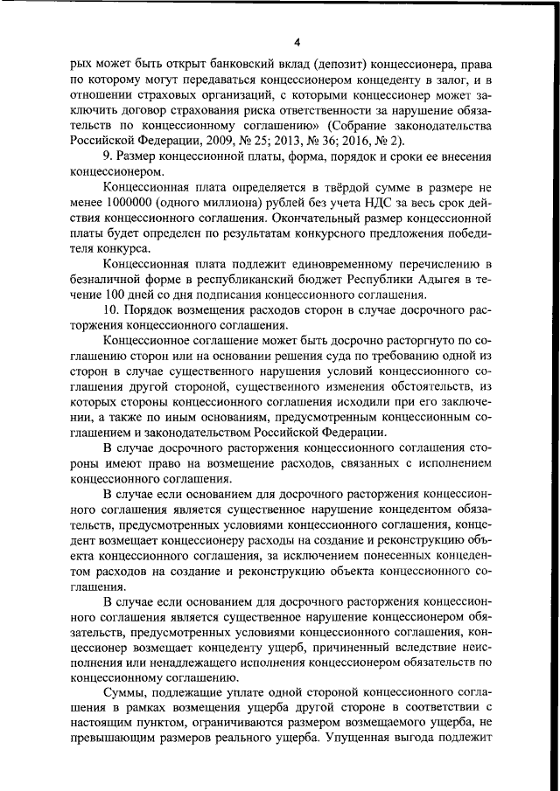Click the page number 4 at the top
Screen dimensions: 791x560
[297, 41]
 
